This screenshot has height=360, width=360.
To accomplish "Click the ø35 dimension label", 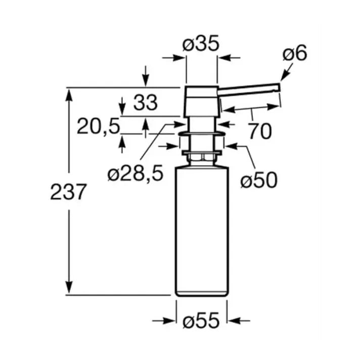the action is (x=201, y=43).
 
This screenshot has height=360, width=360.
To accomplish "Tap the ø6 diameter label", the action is (x=295, y=54).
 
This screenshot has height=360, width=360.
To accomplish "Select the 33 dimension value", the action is (x=146, y=103).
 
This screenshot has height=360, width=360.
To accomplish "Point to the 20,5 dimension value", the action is (x=99, y=126).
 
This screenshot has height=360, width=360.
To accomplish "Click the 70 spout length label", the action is (x=260, y=131).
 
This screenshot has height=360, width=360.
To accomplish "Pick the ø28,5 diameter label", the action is (x=135, y=173).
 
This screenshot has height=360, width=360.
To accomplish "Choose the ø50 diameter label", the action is (x=259, y=180).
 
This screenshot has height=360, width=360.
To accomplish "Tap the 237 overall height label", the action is (x=68, y=192).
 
